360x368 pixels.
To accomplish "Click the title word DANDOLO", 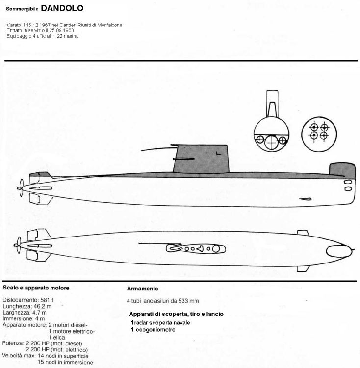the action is click(62, 8).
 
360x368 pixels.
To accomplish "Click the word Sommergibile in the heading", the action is click(22, 9).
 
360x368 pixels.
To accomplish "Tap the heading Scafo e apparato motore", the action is click(36, 288).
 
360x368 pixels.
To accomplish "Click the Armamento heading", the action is click(143, 289).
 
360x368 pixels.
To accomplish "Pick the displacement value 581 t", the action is click(47, 300).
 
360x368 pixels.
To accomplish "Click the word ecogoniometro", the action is click(155, 330).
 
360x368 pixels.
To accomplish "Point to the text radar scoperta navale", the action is click(161, 323).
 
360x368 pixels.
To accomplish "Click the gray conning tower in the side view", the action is click(201, 159).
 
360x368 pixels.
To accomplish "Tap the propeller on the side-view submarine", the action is click(21, 188).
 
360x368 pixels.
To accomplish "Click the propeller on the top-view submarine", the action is click(18, 245).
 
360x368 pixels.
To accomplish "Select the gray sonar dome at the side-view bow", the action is click(342, 170).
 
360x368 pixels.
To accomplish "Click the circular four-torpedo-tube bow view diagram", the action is click(319, 134).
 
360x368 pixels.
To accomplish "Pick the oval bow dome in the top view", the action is click(339, 251).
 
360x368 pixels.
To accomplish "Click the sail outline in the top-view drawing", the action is click(196, 249).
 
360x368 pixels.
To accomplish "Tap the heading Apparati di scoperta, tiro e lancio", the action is click(177, 314).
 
